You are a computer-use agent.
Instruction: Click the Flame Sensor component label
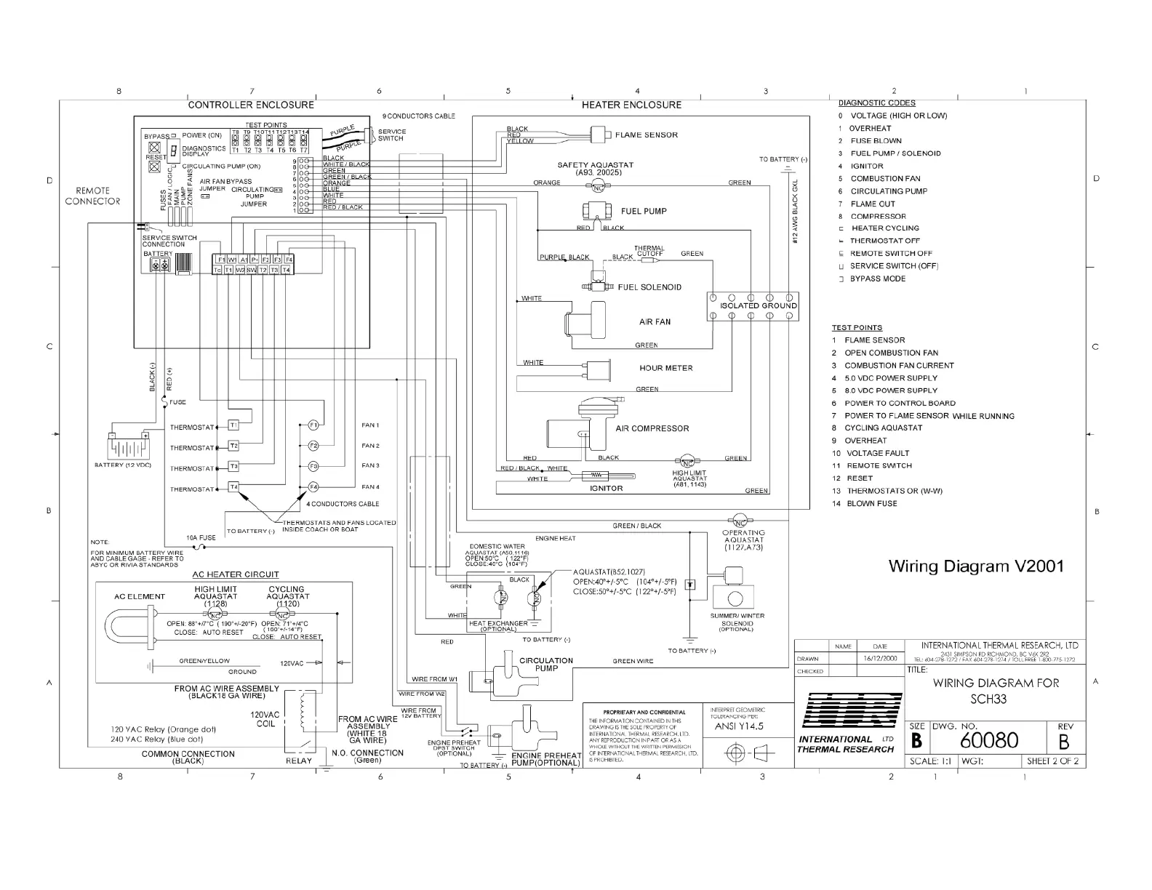pos(646,135)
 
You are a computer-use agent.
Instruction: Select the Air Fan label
pos(655,321)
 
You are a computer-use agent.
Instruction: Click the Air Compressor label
pos(652,428)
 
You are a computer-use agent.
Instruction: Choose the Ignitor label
pos(606,489)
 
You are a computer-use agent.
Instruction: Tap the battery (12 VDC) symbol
pos(129,445)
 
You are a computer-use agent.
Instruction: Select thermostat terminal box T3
pos(233,466)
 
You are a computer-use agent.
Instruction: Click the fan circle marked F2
pos(313,446)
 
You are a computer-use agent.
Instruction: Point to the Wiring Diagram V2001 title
pos(976,566)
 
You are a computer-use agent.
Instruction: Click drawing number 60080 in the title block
pos(989,740)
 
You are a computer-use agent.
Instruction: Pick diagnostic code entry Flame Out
pos(873,204)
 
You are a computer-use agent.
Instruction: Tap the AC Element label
pos(140,596)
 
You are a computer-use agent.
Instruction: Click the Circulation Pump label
pos(546,665)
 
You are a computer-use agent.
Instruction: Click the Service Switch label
pos(392,135)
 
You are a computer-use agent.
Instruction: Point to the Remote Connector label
pos(92,196)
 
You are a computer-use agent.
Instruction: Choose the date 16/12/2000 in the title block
pos(879,658)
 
